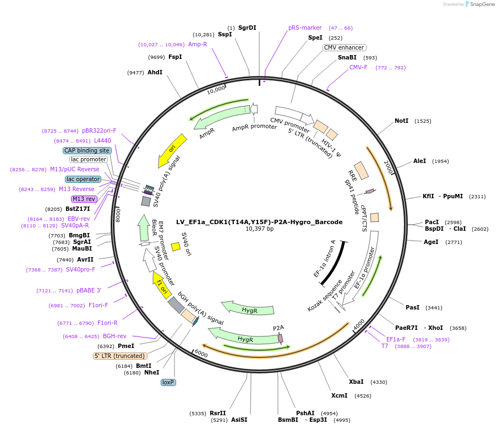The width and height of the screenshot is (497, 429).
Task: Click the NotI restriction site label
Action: point(401,121)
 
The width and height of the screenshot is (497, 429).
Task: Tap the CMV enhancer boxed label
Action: point(345,47)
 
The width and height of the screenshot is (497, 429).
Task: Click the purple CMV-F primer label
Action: point(358,68)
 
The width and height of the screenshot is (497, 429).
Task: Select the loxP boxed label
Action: point(168,382)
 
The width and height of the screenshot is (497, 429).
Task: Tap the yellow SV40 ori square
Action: point(176,247)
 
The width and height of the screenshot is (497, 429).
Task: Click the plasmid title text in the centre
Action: point(259,222)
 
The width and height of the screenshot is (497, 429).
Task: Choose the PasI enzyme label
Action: point(412,307)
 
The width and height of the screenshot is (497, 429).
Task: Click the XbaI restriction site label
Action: point(356,382)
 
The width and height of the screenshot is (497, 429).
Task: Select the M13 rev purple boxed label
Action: point(84,199)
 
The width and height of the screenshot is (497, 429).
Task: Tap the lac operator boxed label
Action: point(83,179)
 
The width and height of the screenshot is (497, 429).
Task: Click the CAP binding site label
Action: point(87,150)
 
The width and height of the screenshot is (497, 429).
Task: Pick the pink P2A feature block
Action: point(281,338)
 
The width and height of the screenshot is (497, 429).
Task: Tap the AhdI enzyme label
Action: point(155,72)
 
